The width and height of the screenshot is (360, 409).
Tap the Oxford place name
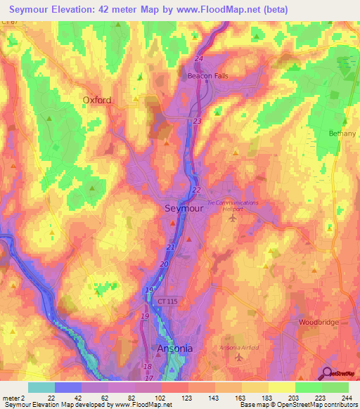click(97, 100)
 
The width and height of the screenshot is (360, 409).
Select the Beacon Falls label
click(207, 76)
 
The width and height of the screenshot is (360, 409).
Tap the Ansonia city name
click(174, 349)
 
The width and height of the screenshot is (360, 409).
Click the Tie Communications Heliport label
click(233, 205)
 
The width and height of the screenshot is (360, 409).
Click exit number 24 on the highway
click(198, 58)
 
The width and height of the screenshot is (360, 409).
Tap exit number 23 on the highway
click(196, 122)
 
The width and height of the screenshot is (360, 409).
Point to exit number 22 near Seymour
click(196, 190)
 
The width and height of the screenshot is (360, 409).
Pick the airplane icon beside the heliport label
click(233, 219)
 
